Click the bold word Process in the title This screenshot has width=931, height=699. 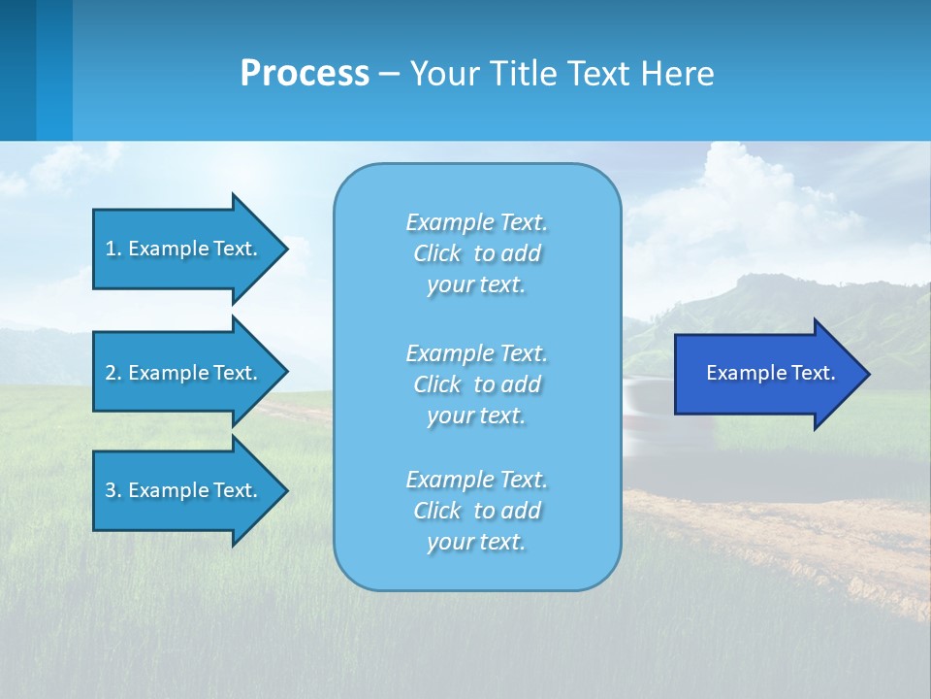coord(305,74)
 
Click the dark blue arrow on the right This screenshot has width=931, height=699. coord(766,374)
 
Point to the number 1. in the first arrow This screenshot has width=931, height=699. coord(113,249)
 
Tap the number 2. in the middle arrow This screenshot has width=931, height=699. coord(113,373)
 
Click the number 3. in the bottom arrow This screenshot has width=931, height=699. coord(113,490)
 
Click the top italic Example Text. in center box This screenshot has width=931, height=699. coord(476,222)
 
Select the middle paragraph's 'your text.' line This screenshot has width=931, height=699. coord(476,416)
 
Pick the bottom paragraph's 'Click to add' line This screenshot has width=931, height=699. coord(476,511)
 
